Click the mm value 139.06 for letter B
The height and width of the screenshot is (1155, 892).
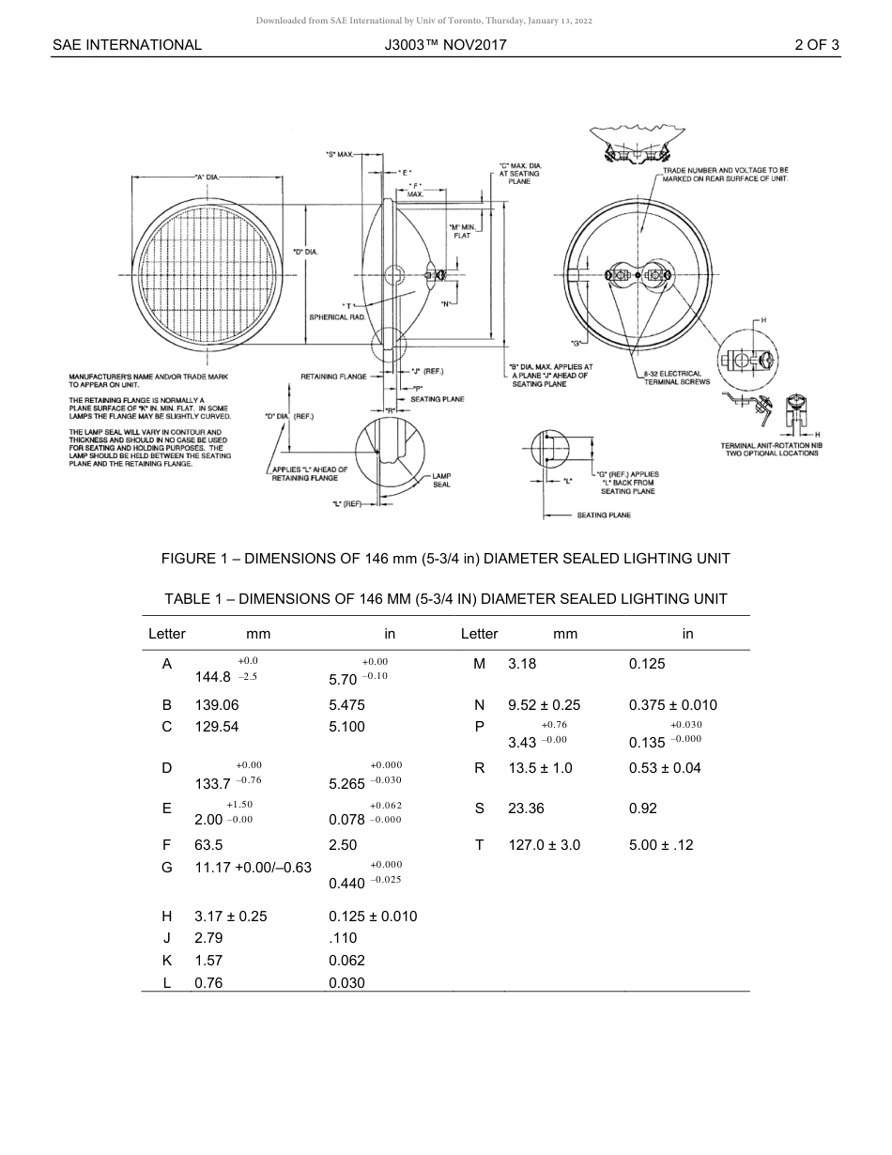(216, 704)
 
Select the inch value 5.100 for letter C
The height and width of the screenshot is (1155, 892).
(346, 727)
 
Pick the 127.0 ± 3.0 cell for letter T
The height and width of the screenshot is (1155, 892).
(544, 844)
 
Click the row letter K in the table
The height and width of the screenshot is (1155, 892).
(166, 961)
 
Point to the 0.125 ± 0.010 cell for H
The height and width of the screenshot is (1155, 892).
(373, 916)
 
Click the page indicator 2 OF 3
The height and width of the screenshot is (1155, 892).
(816, 44)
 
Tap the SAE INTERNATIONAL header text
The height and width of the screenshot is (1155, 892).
(127, 44)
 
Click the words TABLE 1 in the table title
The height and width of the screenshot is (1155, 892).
(189, 598)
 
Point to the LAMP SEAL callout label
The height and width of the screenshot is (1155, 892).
(441, 481)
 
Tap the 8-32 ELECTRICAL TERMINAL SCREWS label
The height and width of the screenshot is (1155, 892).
(676, 377)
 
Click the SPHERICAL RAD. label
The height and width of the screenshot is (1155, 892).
(337, 317)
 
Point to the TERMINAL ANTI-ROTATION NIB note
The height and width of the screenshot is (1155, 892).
(771, 449)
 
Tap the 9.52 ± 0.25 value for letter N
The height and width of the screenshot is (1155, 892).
(544, 704)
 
